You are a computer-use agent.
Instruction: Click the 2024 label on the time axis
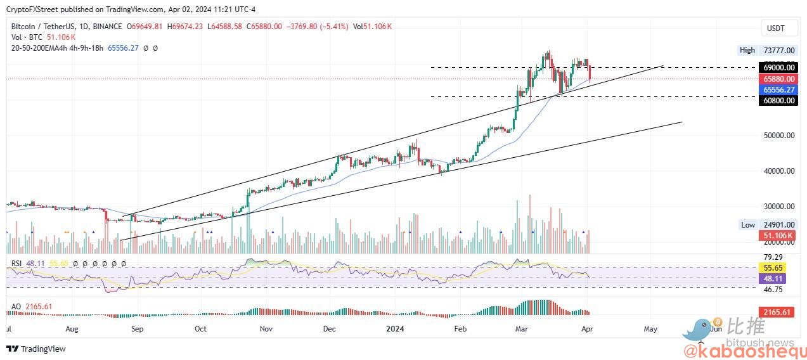point(395,329)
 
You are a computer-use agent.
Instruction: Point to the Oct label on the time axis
point(200,329)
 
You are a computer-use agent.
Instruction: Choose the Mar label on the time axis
point(522,329)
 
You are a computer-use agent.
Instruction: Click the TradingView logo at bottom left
point(36,349)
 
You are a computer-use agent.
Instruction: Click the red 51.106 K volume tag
point(777,236)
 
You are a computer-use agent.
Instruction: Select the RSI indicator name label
point(16,263)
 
